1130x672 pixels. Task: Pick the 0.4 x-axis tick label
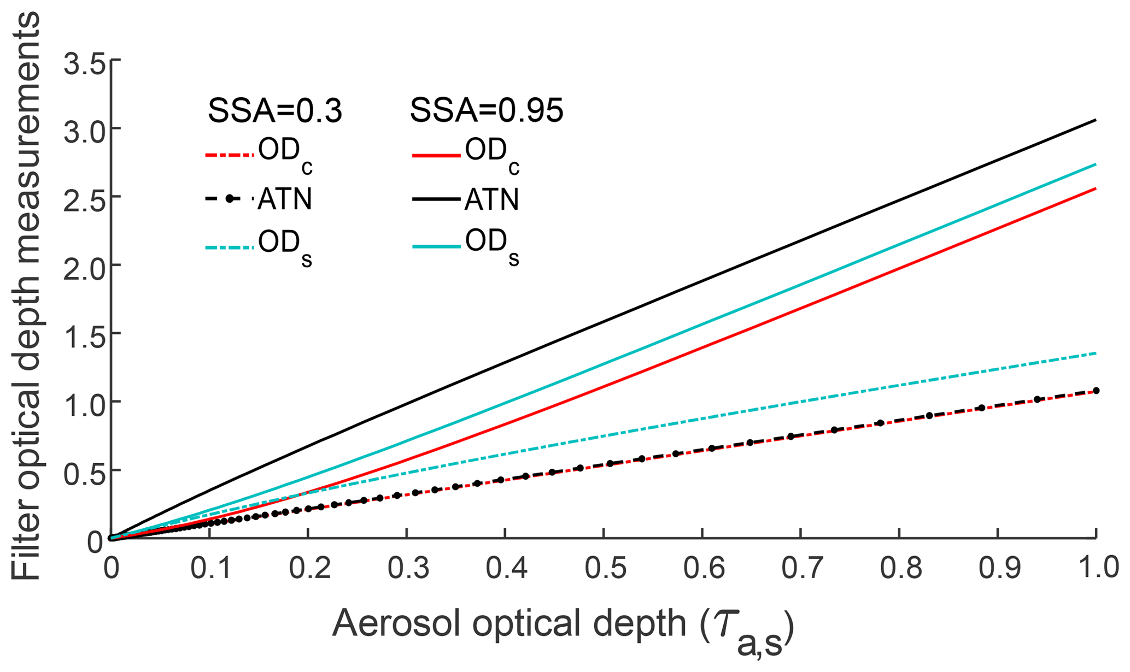[x=506, y=568]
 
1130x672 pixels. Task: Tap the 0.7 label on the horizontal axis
[x=801, y=568]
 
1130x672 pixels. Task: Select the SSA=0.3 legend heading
[x=275, y=111]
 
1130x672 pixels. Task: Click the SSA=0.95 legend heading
[x=487, y=111]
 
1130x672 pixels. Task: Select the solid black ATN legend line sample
[x=436, y=199]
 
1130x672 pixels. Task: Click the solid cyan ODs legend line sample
[x=436, y=247]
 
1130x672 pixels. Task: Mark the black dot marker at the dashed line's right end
[x=1096, y=391]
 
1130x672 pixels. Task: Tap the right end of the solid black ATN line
[x=1096, y=120]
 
